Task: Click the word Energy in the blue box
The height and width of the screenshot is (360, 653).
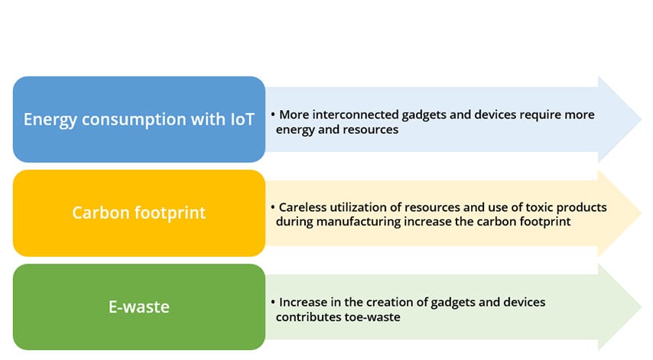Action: (x=50, y=120)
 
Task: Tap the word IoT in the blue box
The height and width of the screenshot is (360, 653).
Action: (x=242, y=119)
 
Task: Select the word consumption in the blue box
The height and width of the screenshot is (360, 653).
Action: (x=134, y=120)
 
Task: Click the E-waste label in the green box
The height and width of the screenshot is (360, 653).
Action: (x=139, y=306)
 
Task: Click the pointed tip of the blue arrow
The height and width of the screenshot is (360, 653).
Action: (x=641, y=119)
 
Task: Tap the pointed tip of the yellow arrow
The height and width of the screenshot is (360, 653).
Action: (x=641, y=213)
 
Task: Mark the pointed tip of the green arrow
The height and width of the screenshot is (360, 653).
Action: (x=641, y=306)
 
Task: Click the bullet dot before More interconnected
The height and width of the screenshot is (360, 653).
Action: (x=273, y=114)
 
